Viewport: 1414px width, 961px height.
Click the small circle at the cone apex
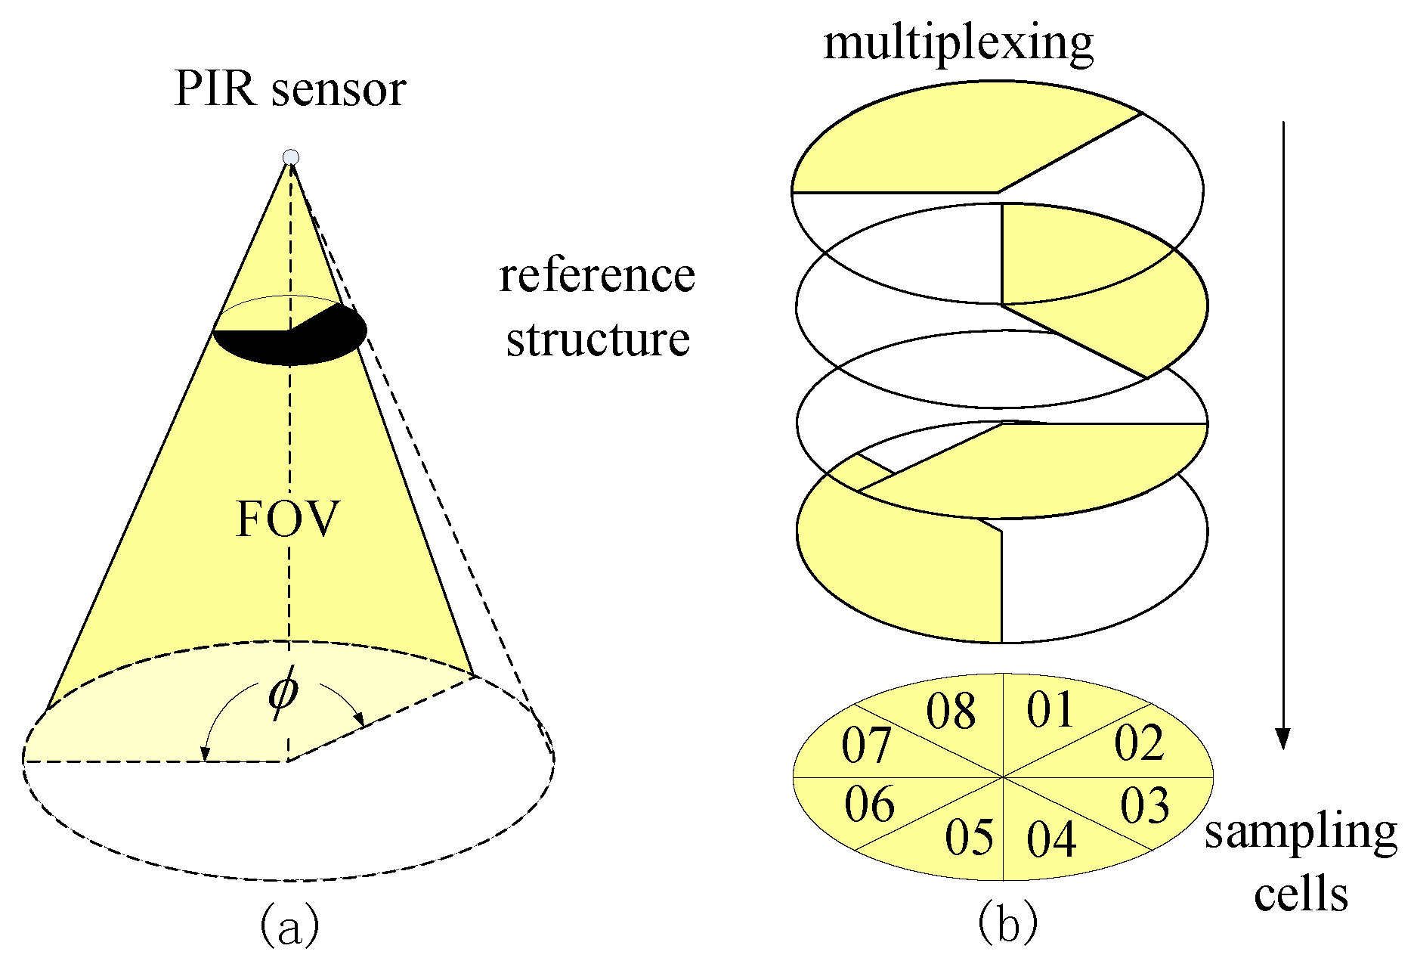(291, 157)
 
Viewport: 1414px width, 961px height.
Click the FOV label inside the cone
(288, 519)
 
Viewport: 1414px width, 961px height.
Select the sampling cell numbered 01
(1050, 710)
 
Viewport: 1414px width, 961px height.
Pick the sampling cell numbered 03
(1144, 805)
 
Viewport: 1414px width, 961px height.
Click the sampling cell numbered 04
(1051, 839)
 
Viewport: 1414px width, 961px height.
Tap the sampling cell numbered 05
(970, 837)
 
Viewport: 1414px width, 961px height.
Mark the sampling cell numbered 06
(870, 804)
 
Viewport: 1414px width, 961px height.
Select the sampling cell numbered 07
(866, 746)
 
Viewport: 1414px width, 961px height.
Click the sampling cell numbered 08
(951, 711)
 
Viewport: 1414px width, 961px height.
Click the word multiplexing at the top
(958, 43)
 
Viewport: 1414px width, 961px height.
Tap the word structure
(598, 339)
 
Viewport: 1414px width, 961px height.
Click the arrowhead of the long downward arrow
(1283, 738)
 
